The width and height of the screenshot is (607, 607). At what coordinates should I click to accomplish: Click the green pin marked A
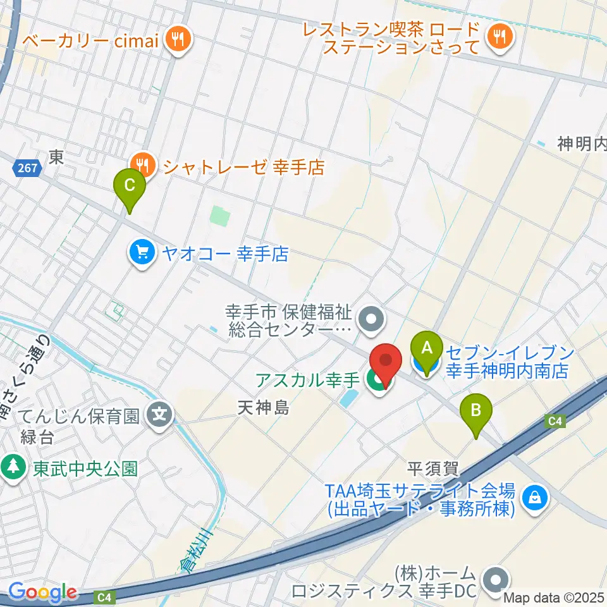coord(427,349)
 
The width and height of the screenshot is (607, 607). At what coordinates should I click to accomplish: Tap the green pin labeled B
coord(477,412)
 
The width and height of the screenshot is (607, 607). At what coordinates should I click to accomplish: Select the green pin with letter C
coord(129,187)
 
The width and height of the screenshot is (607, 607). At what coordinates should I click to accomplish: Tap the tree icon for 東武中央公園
coord(12,468)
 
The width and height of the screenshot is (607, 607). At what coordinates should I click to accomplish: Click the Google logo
coord(42,592)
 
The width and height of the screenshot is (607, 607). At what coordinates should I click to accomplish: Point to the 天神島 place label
coord(264,408)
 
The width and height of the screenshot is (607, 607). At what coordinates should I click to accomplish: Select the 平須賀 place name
coord(432,469)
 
